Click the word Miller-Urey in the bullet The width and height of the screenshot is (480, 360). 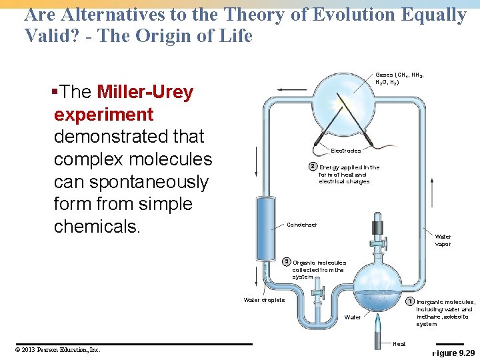(145, 92)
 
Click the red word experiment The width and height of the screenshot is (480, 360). (103, 114)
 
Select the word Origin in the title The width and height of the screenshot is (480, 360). (153, 35)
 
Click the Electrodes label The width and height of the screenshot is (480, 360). (345, 151)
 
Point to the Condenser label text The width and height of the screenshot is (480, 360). (301, 225)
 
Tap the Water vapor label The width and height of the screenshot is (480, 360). (443, 240)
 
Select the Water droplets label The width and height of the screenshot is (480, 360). (264, 300)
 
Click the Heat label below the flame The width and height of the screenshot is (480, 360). (399, 344)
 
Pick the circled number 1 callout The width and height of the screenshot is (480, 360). (410, 301)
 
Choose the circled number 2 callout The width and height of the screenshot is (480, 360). (312, 167)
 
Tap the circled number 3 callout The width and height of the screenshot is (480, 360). (286, 261)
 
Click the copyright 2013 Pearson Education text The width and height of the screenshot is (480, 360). (57, 349)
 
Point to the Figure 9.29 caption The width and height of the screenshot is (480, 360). (454, 351)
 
